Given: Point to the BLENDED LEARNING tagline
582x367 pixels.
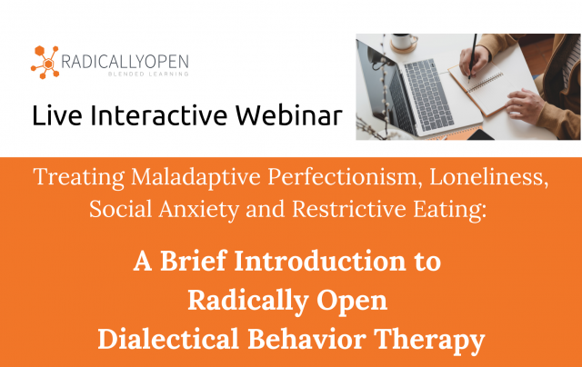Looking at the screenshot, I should click(x=146, y=74).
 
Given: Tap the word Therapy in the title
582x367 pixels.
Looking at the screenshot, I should click(x=427, y=339).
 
